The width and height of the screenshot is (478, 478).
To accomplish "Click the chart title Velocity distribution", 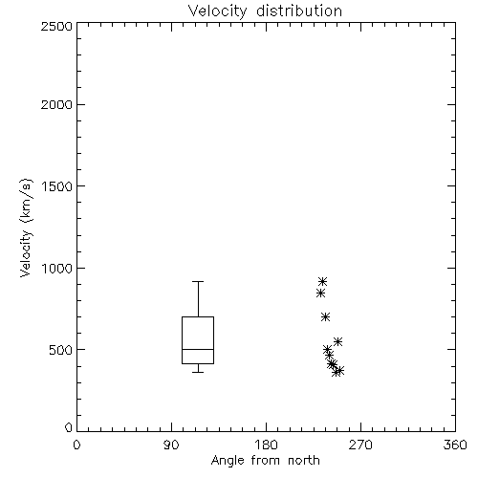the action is point(265,11).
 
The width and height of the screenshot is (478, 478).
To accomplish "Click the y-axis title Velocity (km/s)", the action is point(26,228).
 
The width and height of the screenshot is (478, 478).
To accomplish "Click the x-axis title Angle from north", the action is point(265,461).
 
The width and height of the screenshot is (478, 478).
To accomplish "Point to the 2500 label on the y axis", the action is point(56,26).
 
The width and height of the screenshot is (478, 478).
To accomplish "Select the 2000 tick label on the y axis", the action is point(56,104).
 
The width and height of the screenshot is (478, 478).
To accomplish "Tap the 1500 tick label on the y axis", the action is point(57,186).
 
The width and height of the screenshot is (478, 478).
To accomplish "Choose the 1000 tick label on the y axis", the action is point(57,268).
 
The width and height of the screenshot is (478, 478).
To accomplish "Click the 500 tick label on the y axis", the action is point(61,350).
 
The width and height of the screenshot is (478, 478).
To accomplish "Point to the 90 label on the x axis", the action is point(171,445).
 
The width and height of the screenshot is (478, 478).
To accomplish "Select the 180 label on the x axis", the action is point(266,445).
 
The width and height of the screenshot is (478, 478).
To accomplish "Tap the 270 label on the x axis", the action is point(360,445).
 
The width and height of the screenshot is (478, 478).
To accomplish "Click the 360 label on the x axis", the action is point(455,445).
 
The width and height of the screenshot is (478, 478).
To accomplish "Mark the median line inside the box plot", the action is point(198,349).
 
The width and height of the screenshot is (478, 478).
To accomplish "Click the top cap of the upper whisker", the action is point(198,282).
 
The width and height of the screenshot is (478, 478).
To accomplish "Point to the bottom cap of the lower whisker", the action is point(198,372).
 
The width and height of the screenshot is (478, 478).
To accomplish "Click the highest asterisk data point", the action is point(323,281).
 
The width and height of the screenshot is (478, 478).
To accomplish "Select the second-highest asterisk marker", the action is point(320,293).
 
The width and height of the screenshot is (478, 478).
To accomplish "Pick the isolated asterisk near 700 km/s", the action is point(325,316).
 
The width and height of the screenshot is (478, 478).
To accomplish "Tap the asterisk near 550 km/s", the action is point(337,341).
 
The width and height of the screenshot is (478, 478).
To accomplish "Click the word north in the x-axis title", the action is point(304,461).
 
